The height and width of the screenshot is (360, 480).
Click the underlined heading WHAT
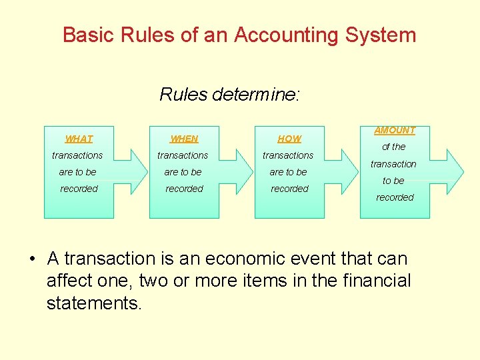click(79, 139)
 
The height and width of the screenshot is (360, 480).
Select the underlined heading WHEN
click(184, 139)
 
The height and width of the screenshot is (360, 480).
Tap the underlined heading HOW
click(289, 139)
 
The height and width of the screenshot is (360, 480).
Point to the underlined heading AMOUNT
click(395, 130)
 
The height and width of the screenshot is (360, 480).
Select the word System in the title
click(381, 35)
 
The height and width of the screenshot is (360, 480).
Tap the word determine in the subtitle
click(256, 95)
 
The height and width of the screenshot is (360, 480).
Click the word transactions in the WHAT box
click(77, 155)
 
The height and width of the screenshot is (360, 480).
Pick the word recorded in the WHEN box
click(184, 189)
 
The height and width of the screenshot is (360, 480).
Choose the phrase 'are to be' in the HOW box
click(288, 172)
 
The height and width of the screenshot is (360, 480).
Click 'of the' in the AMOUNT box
click(393, 147)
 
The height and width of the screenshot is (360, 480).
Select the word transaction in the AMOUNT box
click(393, 164)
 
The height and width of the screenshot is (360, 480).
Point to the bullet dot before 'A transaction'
click(32, 259)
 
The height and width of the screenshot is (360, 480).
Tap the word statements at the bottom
click(94, 303)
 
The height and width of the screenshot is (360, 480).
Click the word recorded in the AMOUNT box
click(395, 197)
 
